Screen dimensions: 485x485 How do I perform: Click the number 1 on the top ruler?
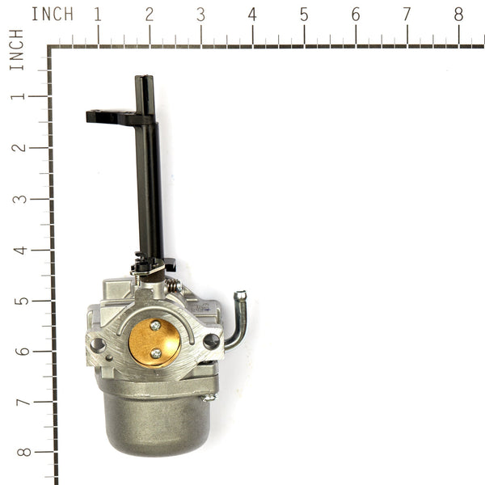[x=98, y=14]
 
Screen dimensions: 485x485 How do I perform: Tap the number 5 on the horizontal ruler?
[x=304, y=14]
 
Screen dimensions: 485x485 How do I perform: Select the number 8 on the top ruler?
[x=458, y=14]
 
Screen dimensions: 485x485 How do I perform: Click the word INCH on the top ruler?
[x=53, y=14]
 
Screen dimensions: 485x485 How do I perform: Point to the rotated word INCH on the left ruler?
[x=16, y=50]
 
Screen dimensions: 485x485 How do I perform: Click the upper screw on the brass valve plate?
[x=155, y=325]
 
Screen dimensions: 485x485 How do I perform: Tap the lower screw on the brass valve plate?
[x=155, y=352]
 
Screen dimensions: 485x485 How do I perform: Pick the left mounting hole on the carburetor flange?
[x=98, y=344]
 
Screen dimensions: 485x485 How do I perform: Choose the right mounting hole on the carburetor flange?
[x=212, y=341]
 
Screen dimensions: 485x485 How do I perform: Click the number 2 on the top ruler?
[x=150, y=14]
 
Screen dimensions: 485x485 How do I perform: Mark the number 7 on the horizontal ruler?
[x=407, y=14]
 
